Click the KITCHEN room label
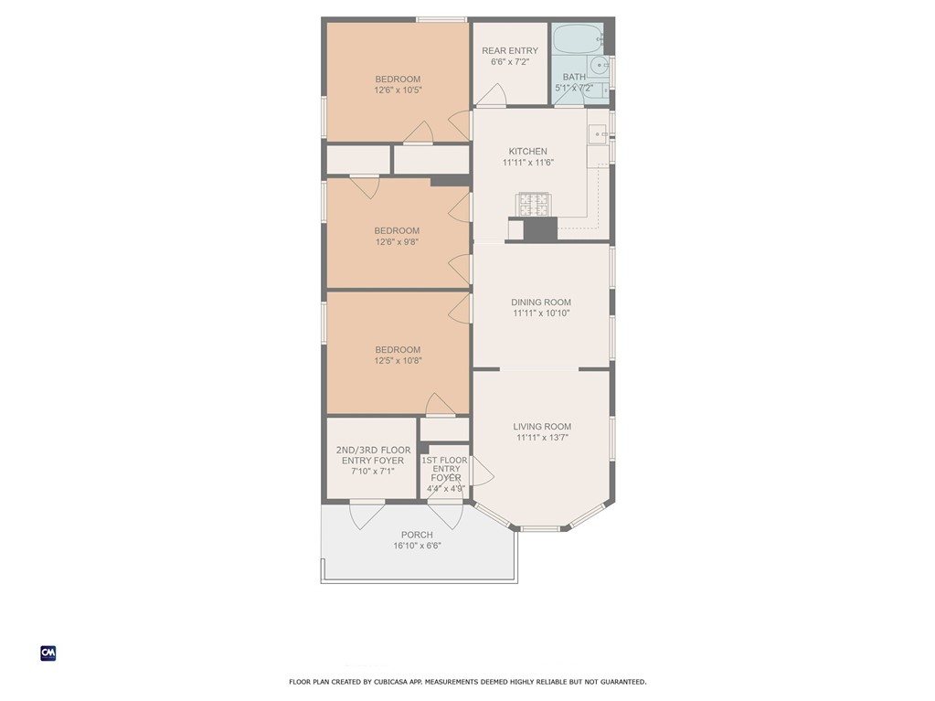pos(527,152)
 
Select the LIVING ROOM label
pos(542,427)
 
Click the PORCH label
pos(417,535)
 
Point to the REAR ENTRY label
pos(510,50)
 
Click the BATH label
pos(574,78)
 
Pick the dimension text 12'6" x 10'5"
pos(398,90)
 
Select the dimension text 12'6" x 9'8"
pos(397,242)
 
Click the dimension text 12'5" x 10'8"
pos(397,361)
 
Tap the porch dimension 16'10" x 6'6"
pos(417,546)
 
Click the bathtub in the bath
pos(577,39)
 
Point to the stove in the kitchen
pos(534,204)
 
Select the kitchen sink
pos(597,134)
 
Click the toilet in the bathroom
pos(599,65)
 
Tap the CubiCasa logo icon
pos(48,653)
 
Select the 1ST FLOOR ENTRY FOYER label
pos(445,469)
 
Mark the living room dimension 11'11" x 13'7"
pos(542,438)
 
